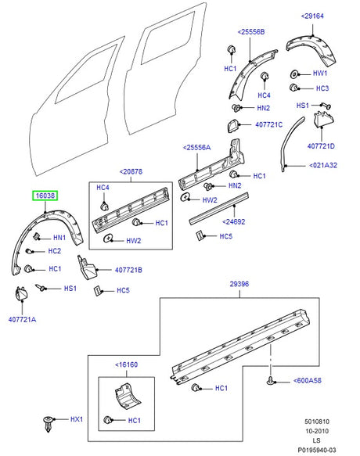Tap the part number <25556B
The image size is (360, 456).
[x=250, y=32]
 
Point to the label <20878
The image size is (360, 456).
[x=133, y=173]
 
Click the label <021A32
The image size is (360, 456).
[x=322, y=165]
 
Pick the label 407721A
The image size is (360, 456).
[x=23, y=319]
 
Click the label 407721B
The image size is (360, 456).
[x=128, y=270]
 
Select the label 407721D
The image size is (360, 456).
[x=321, y=146]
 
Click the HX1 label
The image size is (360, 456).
[x=77, y=419]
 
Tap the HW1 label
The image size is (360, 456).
[x=320, y=73]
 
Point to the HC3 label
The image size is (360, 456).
[x=321, y=88]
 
